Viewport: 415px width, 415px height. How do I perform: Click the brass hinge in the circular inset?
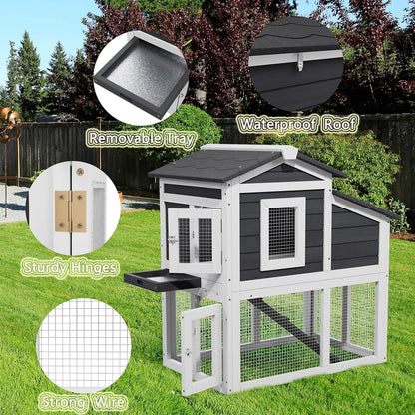click(71, 210)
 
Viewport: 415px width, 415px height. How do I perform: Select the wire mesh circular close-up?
click(84, 345)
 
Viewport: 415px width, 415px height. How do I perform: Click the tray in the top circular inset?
click(141, 76)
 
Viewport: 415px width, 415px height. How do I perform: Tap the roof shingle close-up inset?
click(296, 62)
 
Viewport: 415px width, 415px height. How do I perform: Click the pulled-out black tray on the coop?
click(160, 278)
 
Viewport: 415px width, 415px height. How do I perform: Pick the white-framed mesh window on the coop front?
click(282, 232)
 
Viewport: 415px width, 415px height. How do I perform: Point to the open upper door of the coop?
click(195, 239)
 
